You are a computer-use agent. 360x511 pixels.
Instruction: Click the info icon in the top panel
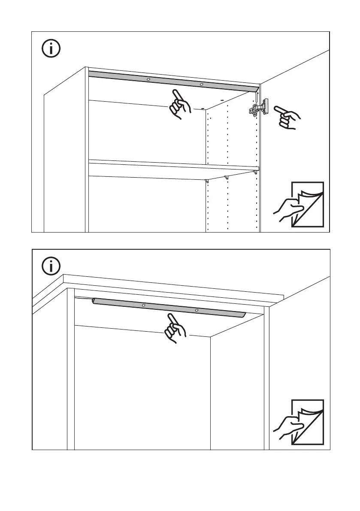51,48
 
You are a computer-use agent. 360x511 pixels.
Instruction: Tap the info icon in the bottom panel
51,266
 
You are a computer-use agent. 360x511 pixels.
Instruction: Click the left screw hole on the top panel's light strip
148,80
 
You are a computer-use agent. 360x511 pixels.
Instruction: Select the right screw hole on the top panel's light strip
201,85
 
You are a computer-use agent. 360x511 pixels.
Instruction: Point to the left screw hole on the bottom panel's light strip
144,305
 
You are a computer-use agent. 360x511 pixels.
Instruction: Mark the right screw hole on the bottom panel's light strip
197,310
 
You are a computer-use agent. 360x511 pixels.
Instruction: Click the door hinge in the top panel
258,108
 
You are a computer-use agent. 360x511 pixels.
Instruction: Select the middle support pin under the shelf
226,177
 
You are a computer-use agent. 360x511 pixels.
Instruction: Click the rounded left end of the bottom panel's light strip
94,301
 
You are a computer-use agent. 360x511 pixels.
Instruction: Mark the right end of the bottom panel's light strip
244,314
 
